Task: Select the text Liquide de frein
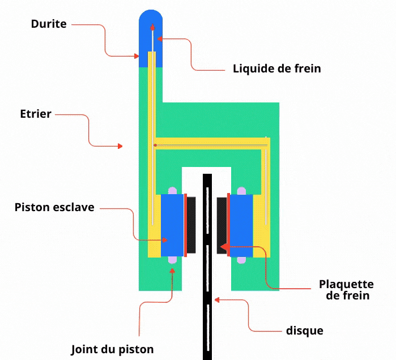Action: click(277, 68)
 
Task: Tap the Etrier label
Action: click(35, 114)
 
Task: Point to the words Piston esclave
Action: click(54, 207)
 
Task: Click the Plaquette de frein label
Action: click(346, 289)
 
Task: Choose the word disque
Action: click(305, 329)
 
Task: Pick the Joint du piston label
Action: click(112, 349)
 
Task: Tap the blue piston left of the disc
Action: click(172, 225)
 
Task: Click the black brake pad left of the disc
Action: click(192, 225)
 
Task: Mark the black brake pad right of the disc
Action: click(222, 225)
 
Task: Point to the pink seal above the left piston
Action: click(173, 191)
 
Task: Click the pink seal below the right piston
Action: click(242, 260)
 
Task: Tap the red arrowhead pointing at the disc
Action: click(217, 301)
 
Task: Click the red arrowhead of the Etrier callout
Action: click(120, 146)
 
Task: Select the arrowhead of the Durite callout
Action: click(137, 56)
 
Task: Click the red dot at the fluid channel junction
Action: click(155, 145)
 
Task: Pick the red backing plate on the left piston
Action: click(185, 225)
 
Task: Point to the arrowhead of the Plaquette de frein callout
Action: click(223, 247)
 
